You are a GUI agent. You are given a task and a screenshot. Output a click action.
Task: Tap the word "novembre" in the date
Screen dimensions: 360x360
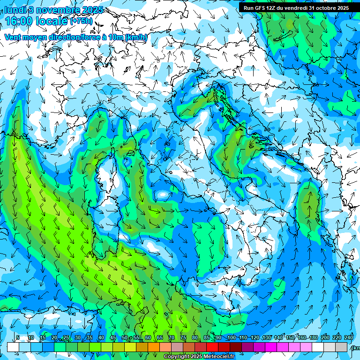pyautogui.click(x=54, y=10)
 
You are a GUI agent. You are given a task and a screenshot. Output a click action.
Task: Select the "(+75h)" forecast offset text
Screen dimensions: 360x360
pyautogui.click(x=81, y=21)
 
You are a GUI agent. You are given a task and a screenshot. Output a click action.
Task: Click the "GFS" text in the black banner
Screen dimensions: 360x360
pyautogui.click(x=261, y=8)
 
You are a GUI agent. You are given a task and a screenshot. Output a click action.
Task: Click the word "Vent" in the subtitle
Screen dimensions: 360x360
pyautogui.click(x=13, y=37)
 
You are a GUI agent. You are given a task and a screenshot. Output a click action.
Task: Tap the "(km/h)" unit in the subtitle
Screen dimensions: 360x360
pyautogui.click(x=136, y=37)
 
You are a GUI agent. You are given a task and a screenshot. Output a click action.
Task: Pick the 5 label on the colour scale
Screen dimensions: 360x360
pyautogui.click(x=18, y=338)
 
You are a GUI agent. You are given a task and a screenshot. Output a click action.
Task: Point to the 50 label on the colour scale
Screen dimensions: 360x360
pyautogui.click(x=125, y=338)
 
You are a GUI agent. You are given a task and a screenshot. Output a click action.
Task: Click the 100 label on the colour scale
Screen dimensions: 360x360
pyautogui.click(x=231, y=338)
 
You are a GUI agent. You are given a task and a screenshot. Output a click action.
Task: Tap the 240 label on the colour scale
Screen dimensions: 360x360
pyautogui.click(x=349, y=338)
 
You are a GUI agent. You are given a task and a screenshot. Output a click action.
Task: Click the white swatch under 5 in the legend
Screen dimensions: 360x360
pyautogui.click(x=13, y=347)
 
